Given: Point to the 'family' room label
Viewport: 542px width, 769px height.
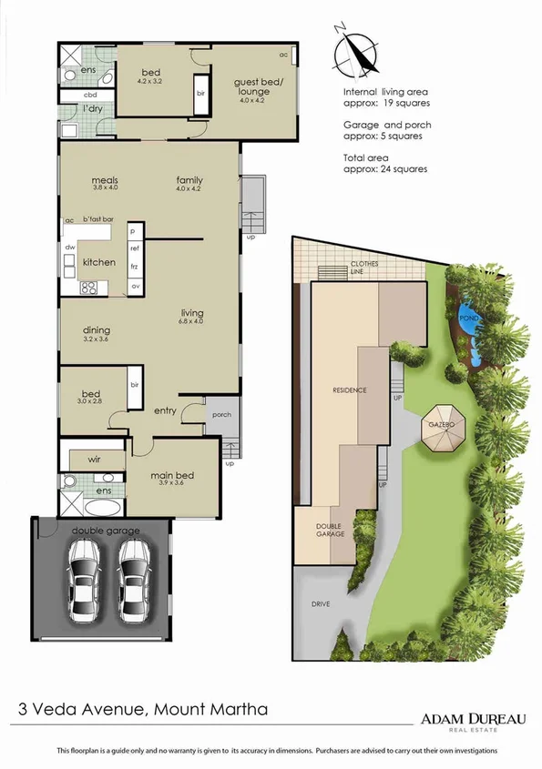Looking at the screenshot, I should coord(189,180).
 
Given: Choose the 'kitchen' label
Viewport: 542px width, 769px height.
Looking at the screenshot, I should coord(99,262).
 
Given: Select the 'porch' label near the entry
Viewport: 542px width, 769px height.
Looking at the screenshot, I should coord(221,415).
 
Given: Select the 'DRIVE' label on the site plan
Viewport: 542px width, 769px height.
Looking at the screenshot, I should coord(320,603).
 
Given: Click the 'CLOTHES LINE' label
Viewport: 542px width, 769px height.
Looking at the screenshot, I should coord(363,268).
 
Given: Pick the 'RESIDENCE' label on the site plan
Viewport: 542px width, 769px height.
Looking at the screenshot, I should coord(349,390).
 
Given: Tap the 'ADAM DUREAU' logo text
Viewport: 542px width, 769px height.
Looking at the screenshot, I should coord(473,718).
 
